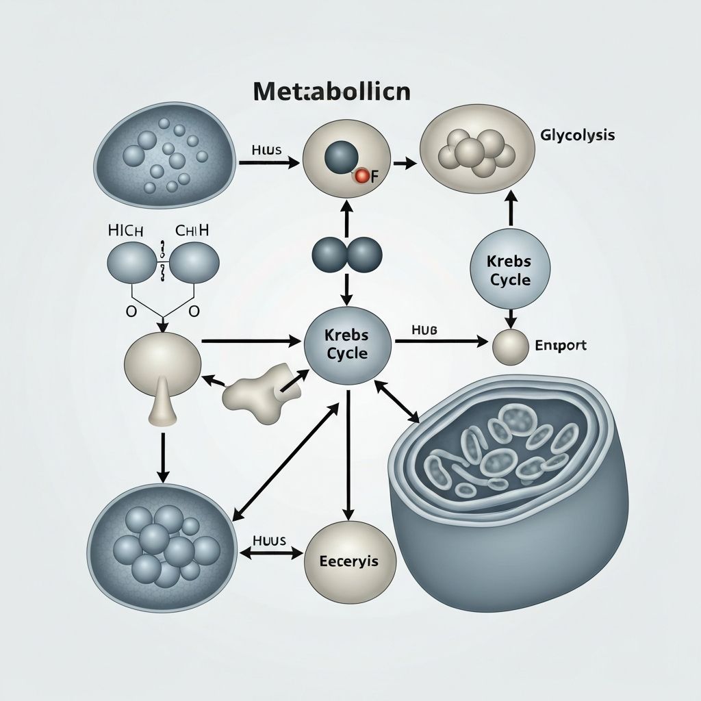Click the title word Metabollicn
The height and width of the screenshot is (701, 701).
332,92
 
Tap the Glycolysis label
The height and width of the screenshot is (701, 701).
577,135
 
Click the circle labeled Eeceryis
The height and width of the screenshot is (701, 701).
348,560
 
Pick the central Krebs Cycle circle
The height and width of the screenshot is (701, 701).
347,344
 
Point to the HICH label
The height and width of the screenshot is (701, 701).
126,231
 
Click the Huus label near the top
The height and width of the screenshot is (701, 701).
266,150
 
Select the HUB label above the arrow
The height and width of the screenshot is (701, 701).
424,329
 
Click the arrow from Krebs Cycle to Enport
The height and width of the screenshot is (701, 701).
442,340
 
